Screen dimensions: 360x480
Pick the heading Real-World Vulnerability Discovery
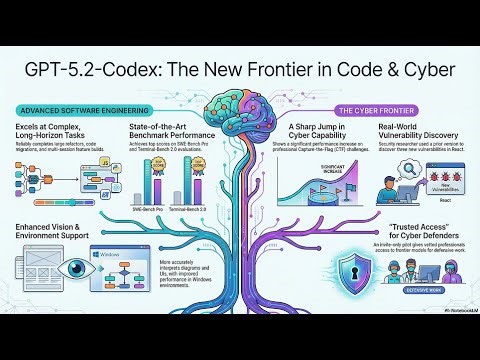[410, 133]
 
